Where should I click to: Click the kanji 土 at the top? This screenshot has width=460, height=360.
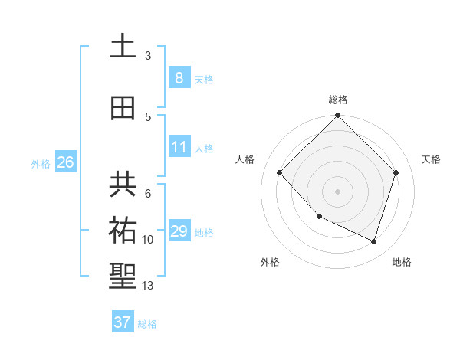coord(123,47)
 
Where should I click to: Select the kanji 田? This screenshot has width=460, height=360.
coord(123,108)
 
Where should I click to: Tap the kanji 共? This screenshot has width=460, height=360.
coord(123,183)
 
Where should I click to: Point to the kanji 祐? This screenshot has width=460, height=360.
coord(123,230)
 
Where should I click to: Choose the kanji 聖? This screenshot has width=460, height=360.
coord(123,277)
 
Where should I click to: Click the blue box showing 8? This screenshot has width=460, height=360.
coord(179,78)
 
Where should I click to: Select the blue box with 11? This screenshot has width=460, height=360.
coord(179,147)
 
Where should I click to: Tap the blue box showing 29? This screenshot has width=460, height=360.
coord(179,231)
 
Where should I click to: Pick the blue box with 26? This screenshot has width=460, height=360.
coord(65,162)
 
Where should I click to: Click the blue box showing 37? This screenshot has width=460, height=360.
coord(122,322)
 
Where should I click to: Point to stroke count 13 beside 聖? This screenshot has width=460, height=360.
coord(149,286)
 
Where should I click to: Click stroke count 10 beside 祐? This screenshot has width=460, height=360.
coord(148,240)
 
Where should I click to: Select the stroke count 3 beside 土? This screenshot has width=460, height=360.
coord(148,55)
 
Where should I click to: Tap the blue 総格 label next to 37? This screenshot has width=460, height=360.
coord(147,324)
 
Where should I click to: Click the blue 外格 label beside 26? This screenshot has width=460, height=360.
coord(41,163)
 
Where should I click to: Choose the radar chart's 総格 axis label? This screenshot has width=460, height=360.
coord(338,100)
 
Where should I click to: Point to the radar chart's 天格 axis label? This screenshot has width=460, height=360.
coord(431,159)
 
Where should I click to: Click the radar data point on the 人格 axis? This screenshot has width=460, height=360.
coord(280,173)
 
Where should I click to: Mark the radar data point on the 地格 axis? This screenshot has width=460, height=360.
coord(373,241)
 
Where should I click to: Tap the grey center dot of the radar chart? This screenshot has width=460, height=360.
coord(337,191)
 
